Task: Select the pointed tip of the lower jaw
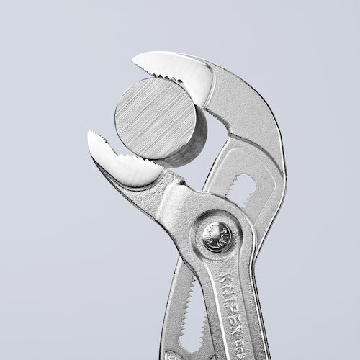pyautogui.click(x=92, y=137)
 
